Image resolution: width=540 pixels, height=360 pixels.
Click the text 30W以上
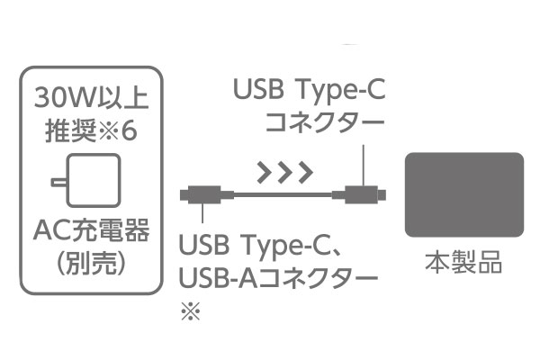point(91,97)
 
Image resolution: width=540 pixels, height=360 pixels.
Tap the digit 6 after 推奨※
point(129,130)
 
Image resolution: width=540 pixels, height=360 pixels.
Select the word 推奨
point(70,130)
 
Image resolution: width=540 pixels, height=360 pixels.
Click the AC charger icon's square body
point(94,180)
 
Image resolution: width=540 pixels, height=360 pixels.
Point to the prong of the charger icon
point(59,182)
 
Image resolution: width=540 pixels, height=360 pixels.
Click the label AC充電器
point(91,229)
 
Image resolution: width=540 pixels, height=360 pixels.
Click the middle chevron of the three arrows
point(284,171)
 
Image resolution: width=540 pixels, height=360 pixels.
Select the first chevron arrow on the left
point(265,171)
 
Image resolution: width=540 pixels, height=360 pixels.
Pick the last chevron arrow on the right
point(305,171)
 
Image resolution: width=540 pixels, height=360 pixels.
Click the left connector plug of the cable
point(207,195)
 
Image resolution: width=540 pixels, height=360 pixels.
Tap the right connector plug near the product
point(359,195)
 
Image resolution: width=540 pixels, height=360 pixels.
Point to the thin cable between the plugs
point(283,195)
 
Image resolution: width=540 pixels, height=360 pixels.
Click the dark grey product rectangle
point(464,194)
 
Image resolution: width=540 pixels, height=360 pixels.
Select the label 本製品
point(463,262)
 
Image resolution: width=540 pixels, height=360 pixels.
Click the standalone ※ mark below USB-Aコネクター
point(191,311)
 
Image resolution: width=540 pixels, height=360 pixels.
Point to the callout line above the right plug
point(363,166)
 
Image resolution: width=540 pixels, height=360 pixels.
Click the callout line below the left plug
point(202,213)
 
